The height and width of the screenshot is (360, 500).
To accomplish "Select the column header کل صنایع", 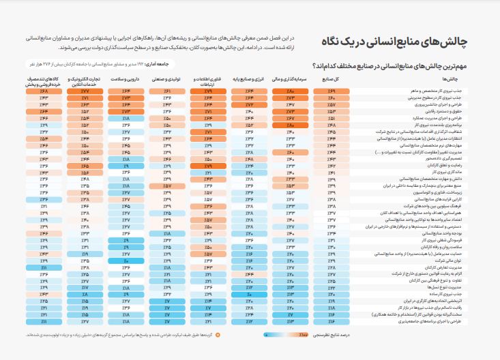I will point(331,80).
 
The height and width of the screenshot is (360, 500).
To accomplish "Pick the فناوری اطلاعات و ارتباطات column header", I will point(208,82).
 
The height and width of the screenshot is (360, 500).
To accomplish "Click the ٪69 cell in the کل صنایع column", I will point(332,91).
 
